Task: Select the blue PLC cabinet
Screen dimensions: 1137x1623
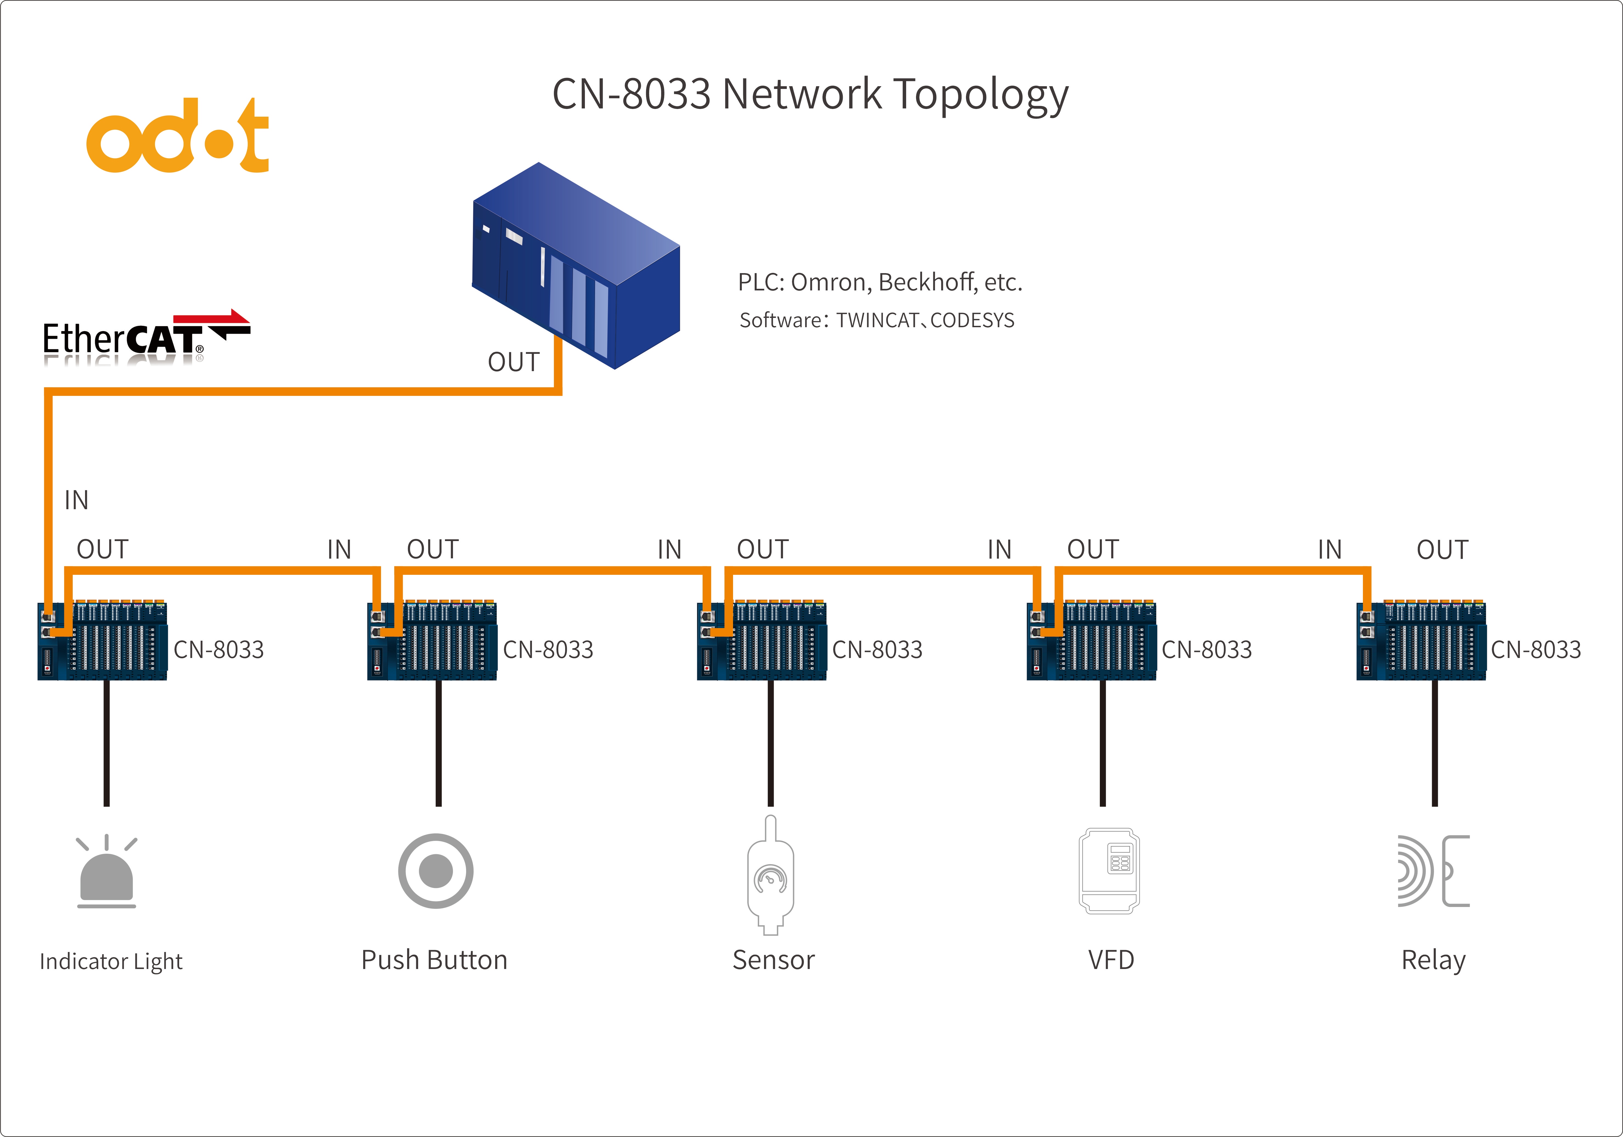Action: (576, 265)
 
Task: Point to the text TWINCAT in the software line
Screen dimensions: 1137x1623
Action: (877, 320)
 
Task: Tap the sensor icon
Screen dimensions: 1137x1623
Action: (771, 877)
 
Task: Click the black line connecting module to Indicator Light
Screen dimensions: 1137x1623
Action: (107, 743)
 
